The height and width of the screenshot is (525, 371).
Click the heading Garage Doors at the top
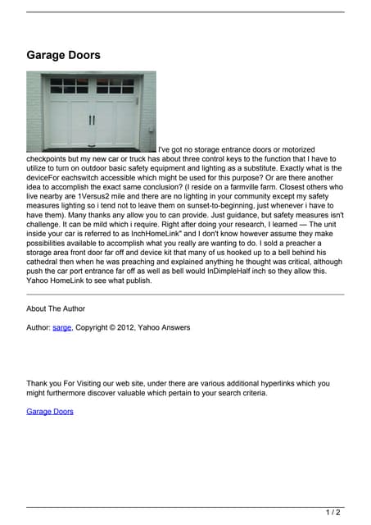pyautogui.click(x=63, y=56)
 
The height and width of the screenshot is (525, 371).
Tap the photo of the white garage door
pyautogui.click(x=91, y=111)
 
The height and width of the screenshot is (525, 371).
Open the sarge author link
pyautogui.click(x=61, y=327)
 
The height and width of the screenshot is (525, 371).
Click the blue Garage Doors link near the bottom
pyautogui.click(x=49, y=411)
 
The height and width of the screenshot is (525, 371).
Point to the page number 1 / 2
pyautogui.click(x=333, y=513)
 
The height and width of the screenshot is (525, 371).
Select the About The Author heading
pyautogui.click(x=56, y=308)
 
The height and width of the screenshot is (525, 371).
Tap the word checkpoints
pyautogui.click(x=50, y=159)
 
